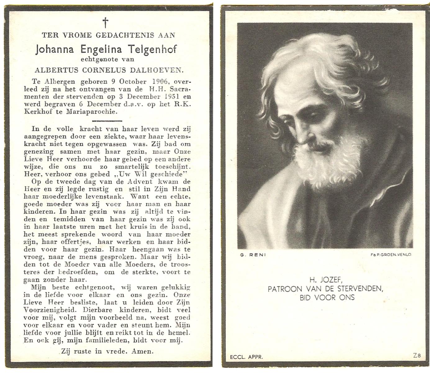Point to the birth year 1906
160,82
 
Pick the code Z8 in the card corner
417,356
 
